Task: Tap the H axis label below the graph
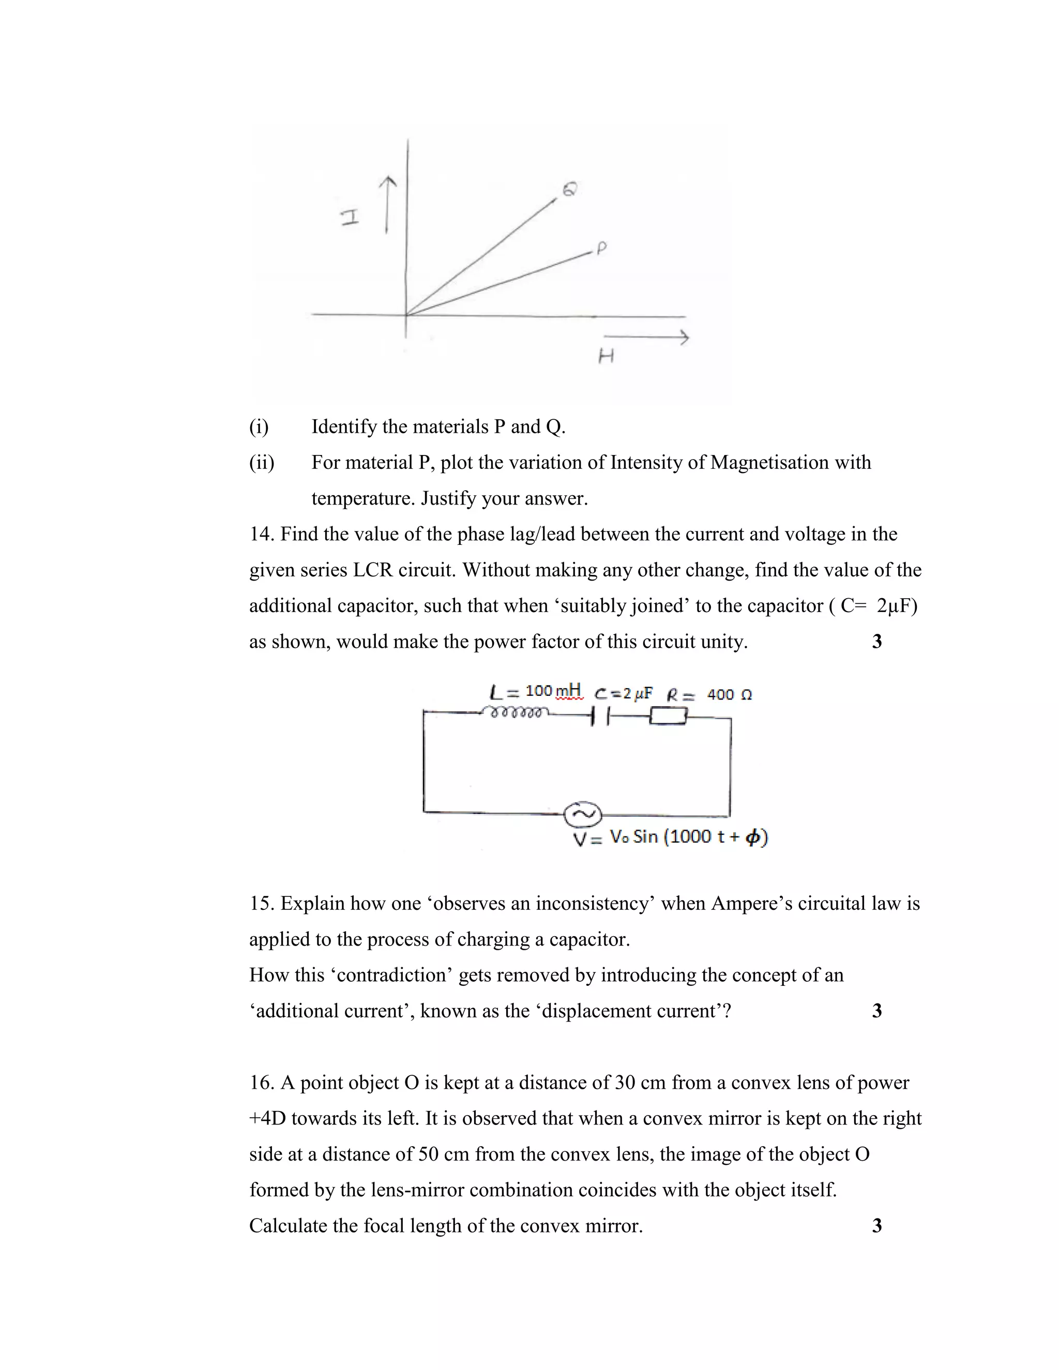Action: click(606, 357)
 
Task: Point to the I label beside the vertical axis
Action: click(350, 218)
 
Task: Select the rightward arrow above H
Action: click(646, 338)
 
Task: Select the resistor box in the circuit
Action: click(668, 716)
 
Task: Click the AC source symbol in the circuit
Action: click(583, 814)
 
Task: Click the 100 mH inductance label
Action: click(553, 691)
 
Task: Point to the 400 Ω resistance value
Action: click(729, 695)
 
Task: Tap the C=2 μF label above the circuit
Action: click(624, 694)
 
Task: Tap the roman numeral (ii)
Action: click(262, 462)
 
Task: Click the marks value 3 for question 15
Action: click(876, 1011)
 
